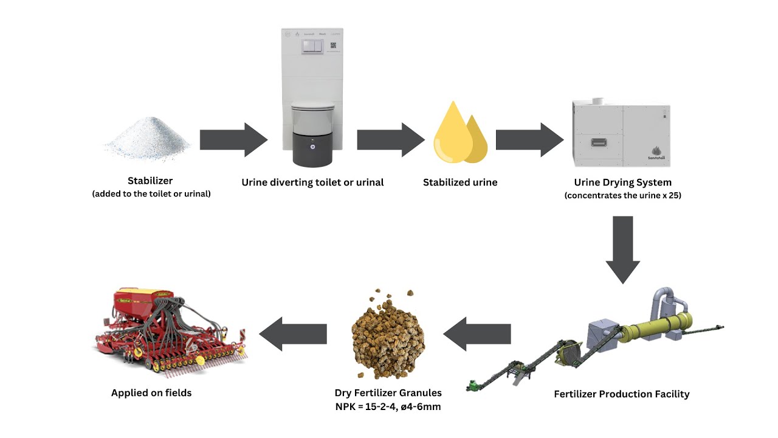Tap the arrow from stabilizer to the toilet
[233, 139]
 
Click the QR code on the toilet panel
[332, 46]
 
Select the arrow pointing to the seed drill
[293, 333]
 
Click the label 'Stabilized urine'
[460, 182]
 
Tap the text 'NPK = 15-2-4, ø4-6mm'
[388, 406]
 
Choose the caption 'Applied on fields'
[151, 393]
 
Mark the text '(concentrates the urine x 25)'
[622, 196]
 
